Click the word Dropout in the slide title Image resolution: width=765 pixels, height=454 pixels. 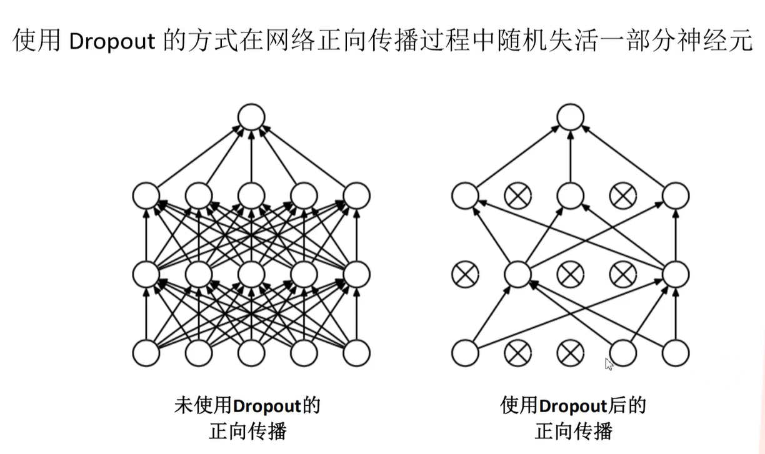click(x=112, y=41)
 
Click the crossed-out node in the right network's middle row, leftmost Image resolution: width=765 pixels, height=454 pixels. click(x=465, y=274)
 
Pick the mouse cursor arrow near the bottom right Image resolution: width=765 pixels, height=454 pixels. click(x=609, y=364)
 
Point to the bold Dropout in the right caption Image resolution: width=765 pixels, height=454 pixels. click(x=572, y=406)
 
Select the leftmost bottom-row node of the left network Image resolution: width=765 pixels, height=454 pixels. click(x=146, y=352)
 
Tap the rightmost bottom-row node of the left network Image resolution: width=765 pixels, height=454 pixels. click(x=357, y=352)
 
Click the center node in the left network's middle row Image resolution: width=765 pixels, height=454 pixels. click(x=251, y=274)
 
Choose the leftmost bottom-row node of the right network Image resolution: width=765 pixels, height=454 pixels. click(x=465, y=352)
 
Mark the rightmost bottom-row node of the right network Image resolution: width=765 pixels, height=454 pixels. click(x=676, y=352)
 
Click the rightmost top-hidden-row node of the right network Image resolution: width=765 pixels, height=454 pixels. click(x=676, y=195)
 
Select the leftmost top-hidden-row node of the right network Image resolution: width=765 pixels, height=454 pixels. click(x=465, y=195)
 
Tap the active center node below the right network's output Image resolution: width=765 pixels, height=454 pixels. click(x=570, y=195)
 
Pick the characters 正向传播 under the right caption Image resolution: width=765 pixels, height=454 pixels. click(x=573, y=432)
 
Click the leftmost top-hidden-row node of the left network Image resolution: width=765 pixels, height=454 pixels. click(x=146, y=195)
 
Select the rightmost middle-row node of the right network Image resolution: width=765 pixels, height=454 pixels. click(x=676, y=274)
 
